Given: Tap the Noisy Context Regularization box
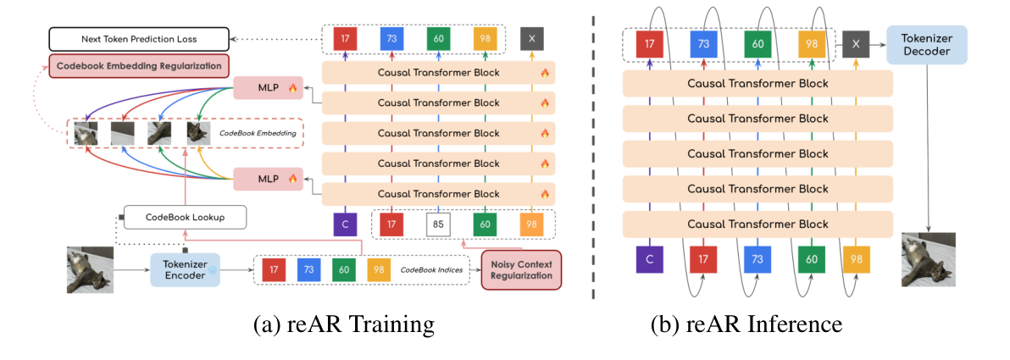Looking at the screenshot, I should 520,269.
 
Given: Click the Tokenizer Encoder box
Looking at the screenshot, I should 186,269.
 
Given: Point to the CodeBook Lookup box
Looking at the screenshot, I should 185,217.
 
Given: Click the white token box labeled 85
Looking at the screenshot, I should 438,224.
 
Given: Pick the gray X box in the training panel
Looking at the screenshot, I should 531,39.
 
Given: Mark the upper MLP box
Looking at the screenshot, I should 268,87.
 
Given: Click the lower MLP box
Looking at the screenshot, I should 268,179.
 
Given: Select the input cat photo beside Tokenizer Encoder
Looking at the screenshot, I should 90,269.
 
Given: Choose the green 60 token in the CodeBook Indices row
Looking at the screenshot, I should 344,269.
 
